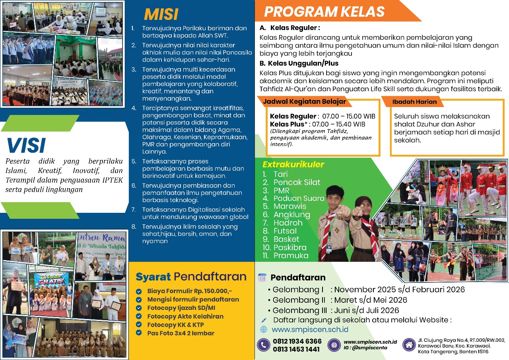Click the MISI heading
[x=161, y=14]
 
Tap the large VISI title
[x=26, y=146]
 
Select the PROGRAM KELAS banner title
[x=324, y=12]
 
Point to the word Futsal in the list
[x=285, y=231]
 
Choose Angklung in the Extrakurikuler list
[x=292, y=214]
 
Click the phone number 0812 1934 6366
[x=297, y=342]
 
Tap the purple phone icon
[x=263, y=345]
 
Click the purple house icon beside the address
[x=409, y=345]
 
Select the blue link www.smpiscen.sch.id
[x=310, y=329]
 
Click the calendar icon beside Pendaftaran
[x=262, y=277]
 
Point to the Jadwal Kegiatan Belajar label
[x=304, y=101]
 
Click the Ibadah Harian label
[x=414, y=102]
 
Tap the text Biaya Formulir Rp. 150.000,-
[x=189, y=291]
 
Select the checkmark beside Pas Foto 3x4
[x=139, y=333]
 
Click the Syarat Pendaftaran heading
[x=191, y=276]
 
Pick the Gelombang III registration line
[x=336, y=310]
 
